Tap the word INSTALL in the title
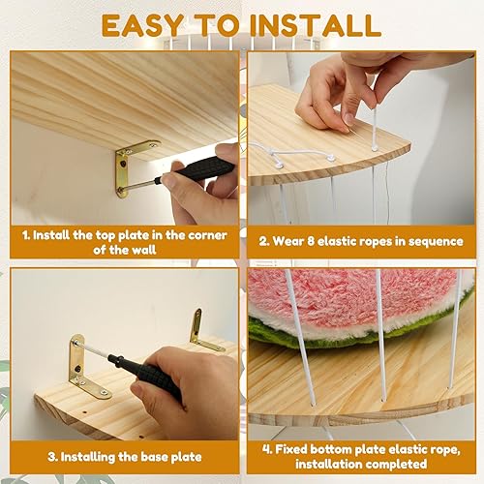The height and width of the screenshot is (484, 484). (x=321, y=25)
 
